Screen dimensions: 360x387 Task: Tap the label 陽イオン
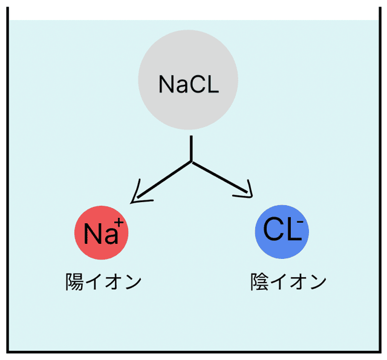tap(103, 282)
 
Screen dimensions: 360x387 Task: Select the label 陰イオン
tap(288, 282)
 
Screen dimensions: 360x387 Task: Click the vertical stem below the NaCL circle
tap(192, 148)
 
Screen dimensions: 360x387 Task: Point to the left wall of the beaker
tap(8, 182)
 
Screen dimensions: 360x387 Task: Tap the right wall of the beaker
tap(379, 182)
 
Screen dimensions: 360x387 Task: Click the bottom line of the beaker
tap(193, 350)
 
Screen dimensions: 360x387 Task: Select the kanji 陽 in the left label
tap(75, 282)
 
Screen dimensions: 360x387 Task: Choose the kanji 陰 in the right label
tap(260, 282)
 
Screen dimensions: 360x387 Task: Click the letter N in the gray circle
tap(166, 84)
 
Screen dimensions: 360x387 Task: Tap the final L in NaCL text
tap(211, 84)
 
